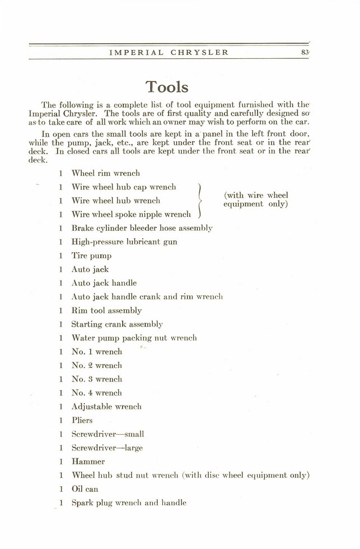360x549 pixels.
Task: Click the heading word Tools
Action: (167, 86)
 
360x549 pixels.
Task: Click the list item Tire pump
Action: (91, 255)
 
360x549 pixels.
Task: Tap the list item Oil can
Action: (85, 488)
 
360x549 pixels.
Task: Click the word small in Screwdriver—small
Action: (133, 434)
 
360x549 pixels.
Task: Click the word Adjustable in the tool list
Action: (93, 407)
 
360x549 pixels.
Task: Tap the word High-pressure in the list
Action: (96, 242)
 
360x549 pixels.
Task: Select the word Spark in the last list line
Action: (82, 503)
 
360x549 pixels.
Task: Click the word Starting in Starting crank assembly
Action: (88, 324)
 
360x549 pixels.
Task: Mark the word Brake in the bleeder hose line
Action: (82, 228)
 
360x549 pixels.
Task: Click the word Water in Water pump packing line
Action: (83, 338)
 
